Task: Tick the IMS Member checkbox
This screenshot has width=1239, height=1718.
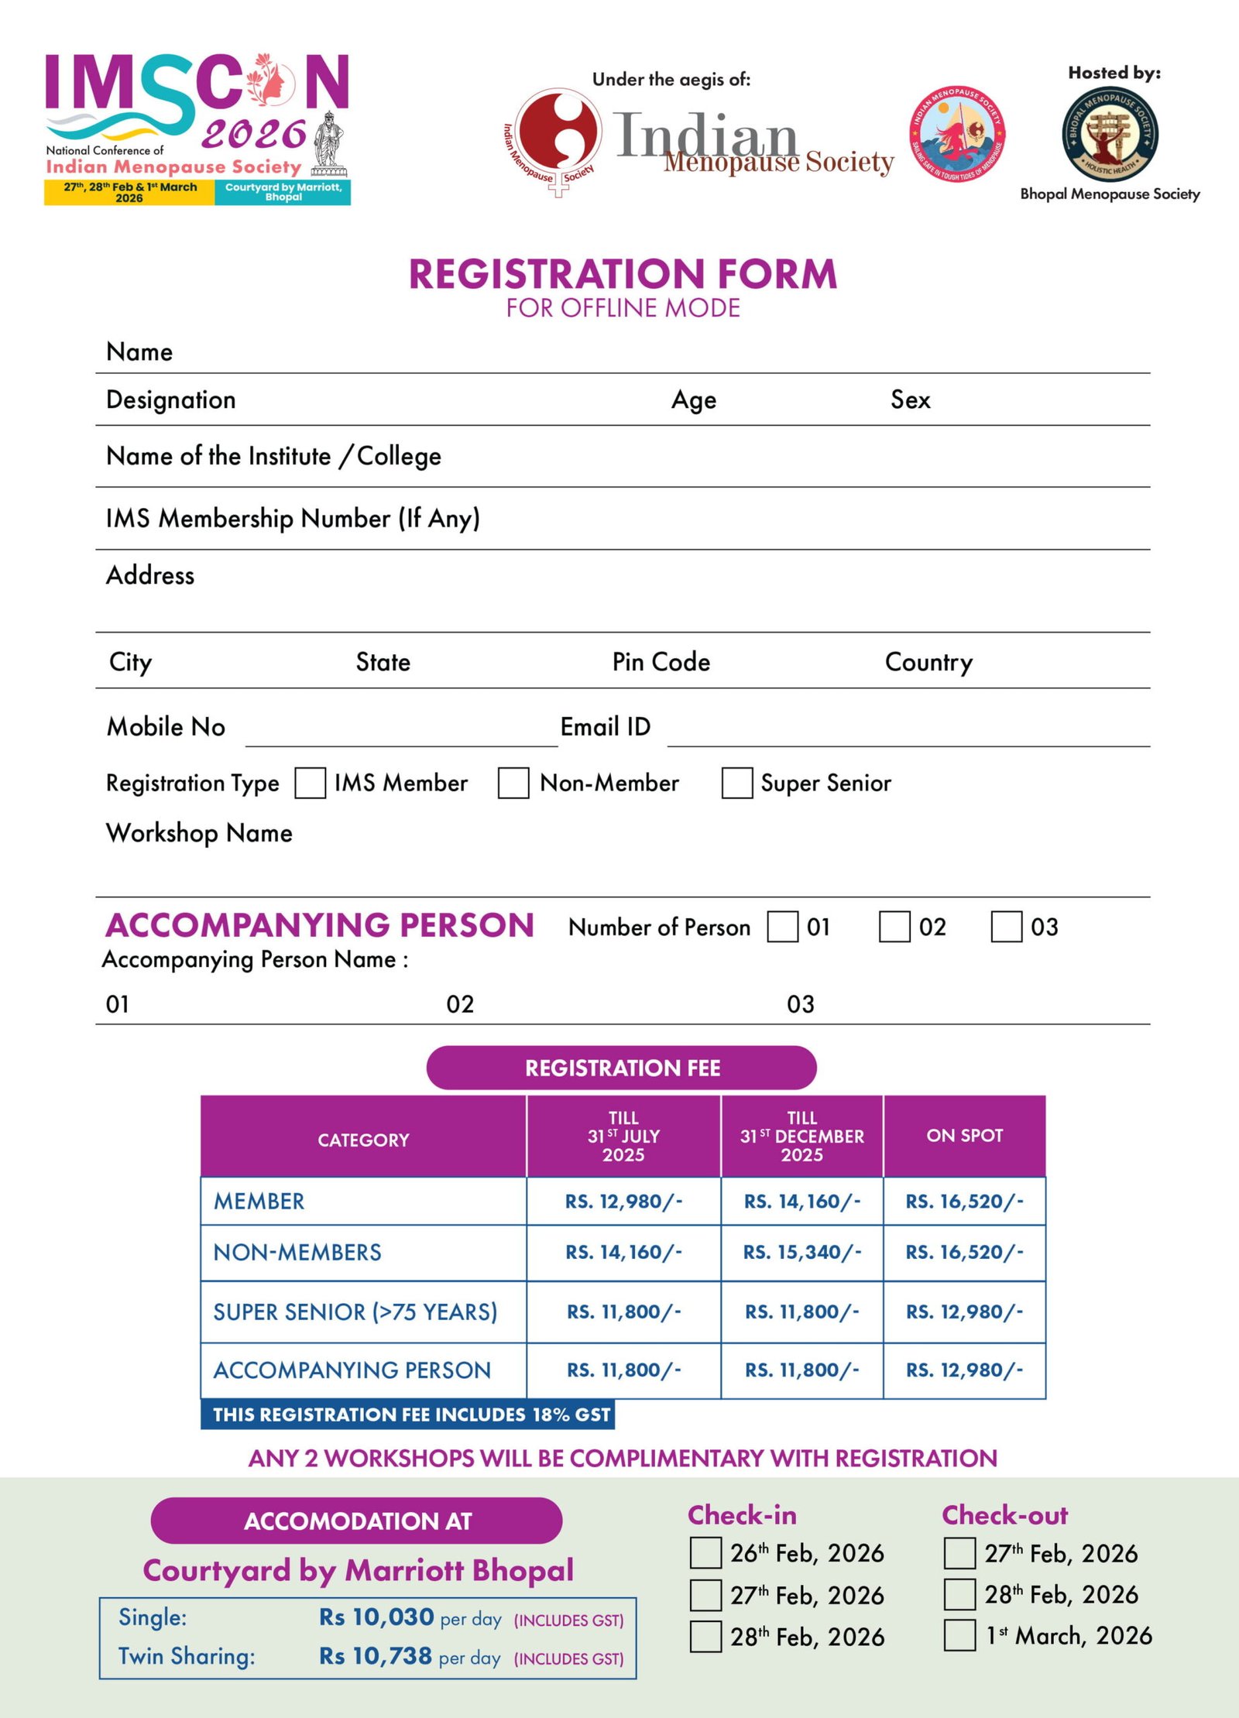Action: [x=310, y=783]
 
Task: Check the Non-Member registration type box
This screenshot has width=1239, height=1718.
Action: [x=513, y=783]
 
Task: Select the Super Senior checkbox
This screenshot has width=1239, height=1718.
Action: [x=736, y=783]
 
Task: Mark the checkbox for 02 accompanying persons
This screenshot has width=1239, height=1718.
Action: [x=894, y=927]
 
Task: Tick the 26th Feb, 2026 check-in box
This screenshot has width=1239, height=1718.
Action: [x=705, y=1553]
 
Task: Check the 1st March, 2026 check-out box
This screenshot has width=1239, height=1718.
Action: [x=959, y=1635]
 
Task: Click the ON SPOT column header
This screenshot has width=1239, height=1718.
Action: [x=964, y=1136]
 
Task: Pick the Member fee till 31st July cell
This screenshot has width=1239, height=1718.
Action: [x=623, y=1201]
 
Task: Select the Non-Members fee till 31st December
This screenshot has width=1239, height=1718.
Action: [x=801, y=1252]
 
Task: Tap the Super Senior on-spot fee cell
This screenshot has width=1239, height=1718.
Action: [x=964, y=1312]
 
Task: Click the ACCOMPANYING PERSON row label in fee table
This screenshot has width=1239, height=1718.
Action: [x=352, y=1370]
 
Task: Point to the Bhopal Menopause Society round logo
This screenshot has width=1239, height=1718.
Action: [x=1110, y=135]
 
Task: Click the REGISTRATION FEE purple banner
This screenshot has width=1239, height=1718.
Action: [x=621, y=1068]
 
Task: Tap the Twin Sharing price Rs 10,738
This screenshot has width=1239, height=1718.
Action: [x=376, y=1656]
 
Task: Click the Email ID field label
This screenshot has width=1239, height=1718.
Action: [x=605, y=726]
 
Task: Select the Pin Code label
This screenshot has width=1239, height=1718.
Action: [x=661, y=662]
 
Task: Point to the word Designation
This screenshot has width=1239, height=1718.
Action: [x=171, y=399]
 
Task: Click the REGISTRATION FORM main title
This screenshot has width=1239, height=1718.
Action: [x=623, y=274]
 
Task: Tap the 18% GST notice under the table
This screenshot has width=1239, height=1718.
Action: [x=410, y=1415]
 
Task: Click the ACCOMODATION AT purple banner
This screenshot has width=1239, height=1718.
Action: [x=356, y=1521]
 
